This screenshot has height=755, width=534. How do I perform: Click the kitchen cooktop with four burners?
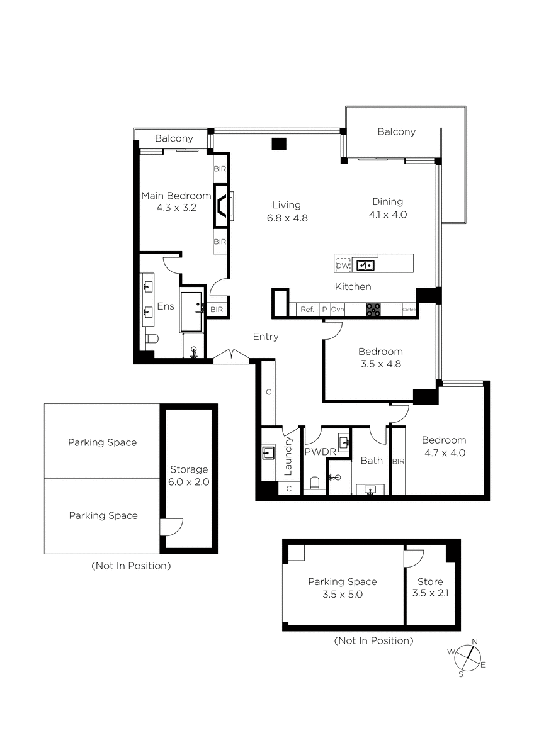[373, 310]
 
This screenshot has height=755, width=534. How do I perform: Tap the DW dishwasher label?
[343, 266]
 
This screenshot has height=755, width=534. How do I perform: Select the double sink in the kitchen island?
[365, 266]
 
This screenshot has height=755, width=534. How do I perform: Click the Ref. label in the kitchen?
[307, 310]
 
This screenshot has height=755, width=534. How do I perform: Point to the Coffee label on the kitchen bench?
[409, 310]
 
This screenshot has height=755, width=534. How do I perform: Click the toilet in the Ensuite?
[152, 338]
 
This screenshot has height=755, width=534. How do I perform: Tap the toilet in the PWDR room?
[314, 483]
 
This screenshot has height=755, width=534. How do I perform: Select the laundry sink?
[268, 453]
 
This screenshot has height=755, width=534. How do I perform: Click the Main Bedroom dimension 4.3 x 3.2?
[176, 208]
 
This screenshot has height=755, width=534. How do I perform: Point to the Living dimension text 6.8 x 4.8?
[287, 218]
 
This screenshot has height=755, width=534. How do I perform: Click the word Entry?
[266, 337]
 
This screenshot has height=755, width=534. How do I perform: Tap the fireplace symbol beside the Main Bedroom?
[222, 206]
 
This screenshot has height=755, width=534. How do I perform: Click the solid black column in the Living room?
[279, 144]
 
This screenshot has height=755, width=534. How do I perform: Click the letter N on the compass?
[475, 641]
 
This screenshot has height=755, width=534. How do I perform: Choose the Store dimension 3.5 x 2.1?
[431, 593]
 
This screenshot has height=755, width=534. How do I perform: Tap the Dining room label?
[388, 202]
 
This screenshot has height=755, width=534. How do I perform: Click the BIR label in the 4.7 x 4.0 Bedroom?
[398, 461]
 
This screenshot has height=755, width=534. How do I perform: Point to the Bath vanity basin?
[370, 489]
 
